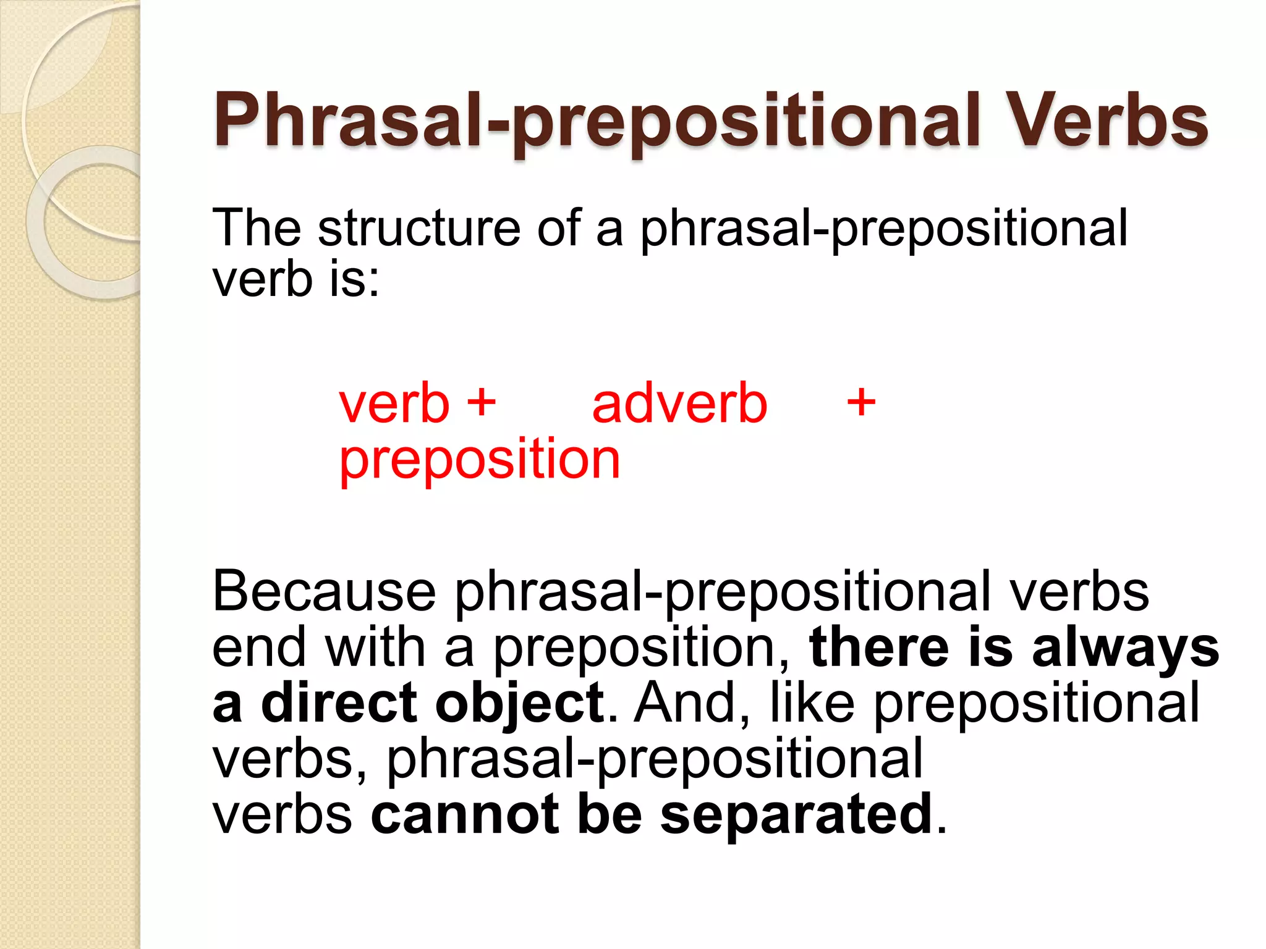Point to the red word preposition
[480, 460]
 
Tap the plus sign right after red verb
[482, 403]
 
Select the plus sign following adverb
[861, 403]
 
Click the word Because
[325, 591]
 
